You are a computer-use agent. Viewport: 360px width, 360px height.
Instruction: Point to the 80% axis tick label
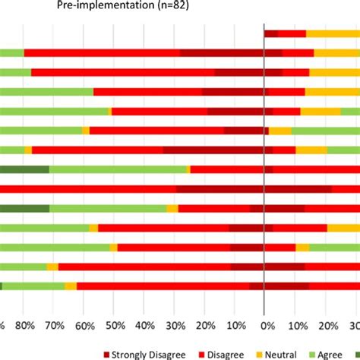tap(24, 326)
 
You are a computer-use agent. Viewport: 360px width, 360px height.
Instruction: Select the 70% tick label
tap(54, 326)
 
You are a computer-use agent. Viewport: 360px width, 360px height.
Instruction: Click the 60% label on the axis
tap(84, 326)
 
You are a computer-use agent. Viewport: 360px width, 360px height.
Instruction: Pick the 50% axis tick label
tap(115, 326)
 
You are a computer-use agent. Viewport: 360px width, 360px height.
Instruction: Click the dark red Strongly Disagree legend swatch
tap(106, 353)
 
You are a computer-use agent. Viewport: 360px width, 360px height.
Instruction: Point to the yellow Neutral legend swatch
tap(258, 353)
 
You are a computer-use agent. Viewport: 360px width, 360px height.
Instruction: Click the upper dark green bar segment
tap(24, 169)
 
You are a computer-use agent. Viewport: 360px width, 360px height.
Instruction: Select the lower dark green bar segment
tap(24, 208)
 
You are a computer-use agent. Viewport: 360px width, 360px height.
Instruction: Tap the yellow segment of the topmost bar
tap(333, 33)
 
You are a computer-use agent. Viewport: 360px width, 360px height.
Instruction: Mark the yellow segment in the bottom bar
tap(71, 286)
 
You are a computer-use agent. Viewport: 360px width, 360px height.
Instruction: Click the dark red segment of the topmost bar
tap(271, 33)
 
